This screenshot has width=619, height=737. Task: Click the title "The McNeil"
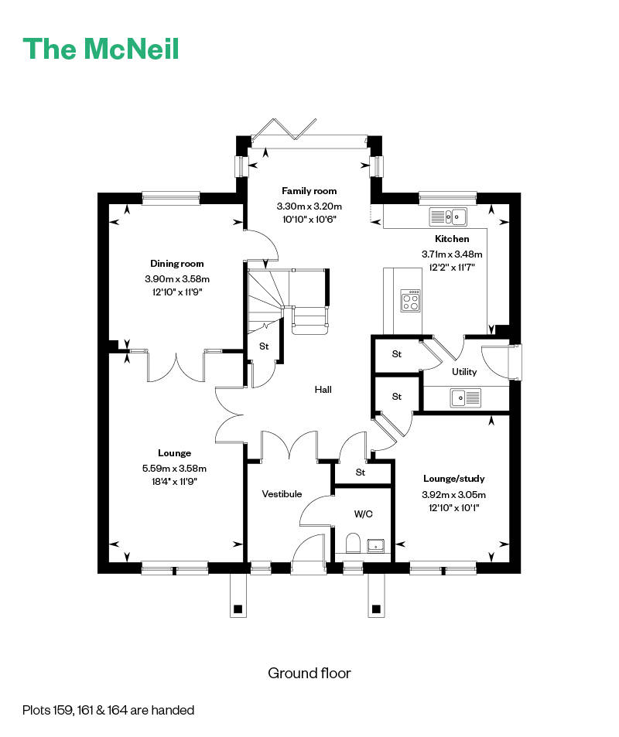pyautogui.click(x=101, y=49)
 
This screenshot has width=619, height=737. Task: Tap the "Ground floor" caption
pyautogui.click(x=309, y=673)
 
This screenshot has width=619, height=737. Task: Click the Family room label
pyautogui.click(x=309, y=191)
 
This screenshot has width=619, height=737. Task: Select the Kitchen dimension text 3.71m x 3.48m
pyautogui.click(x=452, y=254)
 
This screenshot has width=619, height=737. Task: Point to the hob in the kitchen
pyautogui.click(x=410, y=300)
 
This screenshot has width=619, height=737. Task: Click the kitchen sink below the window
pyautogui.click(x=448, y=217)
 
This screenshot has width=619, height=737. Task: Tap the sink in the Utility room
pyautogui.click(x=465, y=398)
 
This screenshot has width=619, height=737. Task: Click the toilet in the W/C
pyautogui.click(x=353, y=543)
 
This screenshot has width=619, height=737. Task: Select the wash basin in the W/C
pyautogui.click(x=376, y=546)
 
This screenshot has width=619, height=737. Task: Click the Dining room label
pyautogui.click(x=177, y=264)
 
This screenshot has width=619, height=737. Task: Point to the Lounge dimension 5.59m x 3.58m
pyautogui.click(x=174, y=468)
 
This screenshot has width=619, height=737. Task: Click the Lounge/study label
pyautogui.click(x=454, y=479)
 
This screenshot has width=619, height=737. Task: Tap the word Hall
pyautogui.click(x=323, y=389)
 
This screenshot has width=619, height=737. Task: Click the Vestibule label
pyautogui.click(x=282, y=494)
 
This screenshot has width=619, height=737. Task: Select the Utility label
pyautogui.click(x=464, y=372)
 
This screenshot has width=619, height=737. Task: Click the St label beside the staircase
pyautogui.click(x=264, y=346)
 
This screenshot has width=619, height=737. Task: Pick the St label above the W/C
pyautogui.click(x=361, y=473)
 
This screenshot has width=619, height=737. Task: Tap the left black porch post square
pyautogui.click(x=238, y=609)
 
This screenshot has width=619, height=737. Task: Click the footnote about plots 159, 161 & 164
pyautogui.click(x=108, y=710)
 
